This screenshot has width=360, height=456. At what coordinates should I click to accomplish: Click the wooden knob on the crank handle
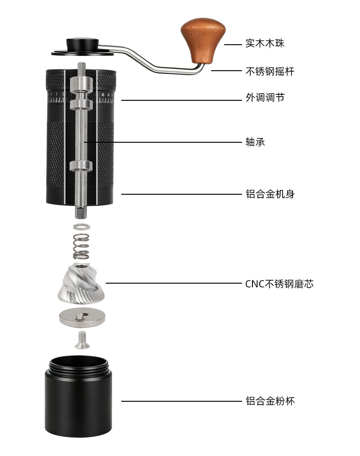click(x=203, y=40)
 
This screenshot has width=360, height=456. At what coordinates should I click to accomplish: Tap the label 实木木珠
click(x=265, y=43)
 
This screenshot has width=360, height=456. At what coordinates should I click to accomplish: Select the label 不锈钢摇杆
click(x=270, y=71)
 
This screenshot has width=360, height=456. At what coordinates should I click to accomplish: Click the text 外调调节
click(x=265, y=98)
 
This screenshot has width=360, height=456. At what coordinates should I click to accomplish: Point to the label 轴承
click(x=255, y=142)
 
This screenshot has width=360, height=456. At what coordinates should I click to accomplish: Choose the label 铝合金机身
click(x=270, y=194)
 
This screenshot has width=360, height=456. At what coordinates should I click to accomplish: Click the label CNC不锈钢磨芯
click(x=279, y=284)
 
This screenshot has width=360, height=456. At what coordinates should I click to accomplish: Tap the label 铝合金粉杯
click(x=270, y=401)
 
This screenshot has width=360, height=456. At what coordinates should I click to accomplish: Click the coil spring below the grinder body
click(x=81, y=246)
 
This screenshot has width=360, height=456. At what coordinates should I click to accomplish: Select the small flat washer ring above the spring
click(x=82, y=226)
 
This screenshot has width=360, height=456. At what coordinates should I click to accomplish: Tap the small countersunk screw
click(x=82, y=340)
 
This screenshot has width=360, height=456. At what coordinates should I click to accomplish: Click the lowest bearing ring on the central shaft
click(x=81, y=166)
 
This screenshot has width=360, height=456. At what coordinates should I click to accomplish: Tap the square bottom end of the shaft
click(x=81, y=212)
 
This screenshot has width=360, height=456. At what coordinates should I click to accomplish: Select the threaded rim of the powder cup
click(x=78, y=367)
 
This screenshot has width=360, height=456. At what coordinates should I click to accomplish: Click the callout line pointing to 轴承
click(x=163, y=142)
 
